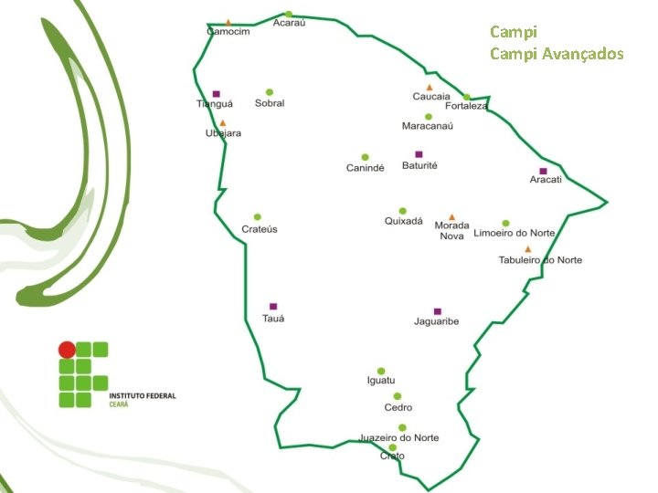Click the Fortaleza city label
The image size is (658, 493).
click(466, 106)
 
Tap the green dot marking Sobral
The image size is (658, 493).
click(270, 92)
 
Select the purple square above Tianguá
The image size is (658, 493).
click(216, 93)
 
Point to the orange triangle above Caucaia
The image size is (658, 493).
click(429, 88)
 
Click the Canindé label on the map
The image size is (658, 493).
click(365, 168)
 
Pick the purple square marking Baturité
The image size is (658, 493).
click(419, 154)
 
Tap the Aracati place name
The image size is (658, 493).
click(546, 180)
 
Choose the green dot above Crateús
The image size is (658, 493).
click(258, 217)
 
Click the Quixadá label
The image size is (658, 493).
click(403, 222)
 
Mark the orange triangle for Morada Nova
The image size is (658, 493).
click(451, 217)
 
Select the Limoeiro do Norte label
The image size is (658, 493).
click(514, 234)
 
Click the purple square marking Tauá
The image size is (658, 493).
click(273, 307)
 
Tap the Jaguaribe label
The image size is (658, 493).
click(436, 321)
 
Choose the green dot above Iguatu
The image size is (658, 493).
click(381, 370)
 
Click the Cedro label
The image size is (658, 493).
click(398, 408)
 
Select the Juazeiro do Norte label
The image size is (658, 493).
click(399, 437)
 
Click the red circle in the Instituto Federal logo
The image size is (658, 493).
click(67, 350)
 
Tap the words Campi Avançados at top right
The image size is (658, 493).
click(557, 54)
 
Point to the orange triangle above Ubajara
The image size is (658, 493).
click(222, 122)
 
